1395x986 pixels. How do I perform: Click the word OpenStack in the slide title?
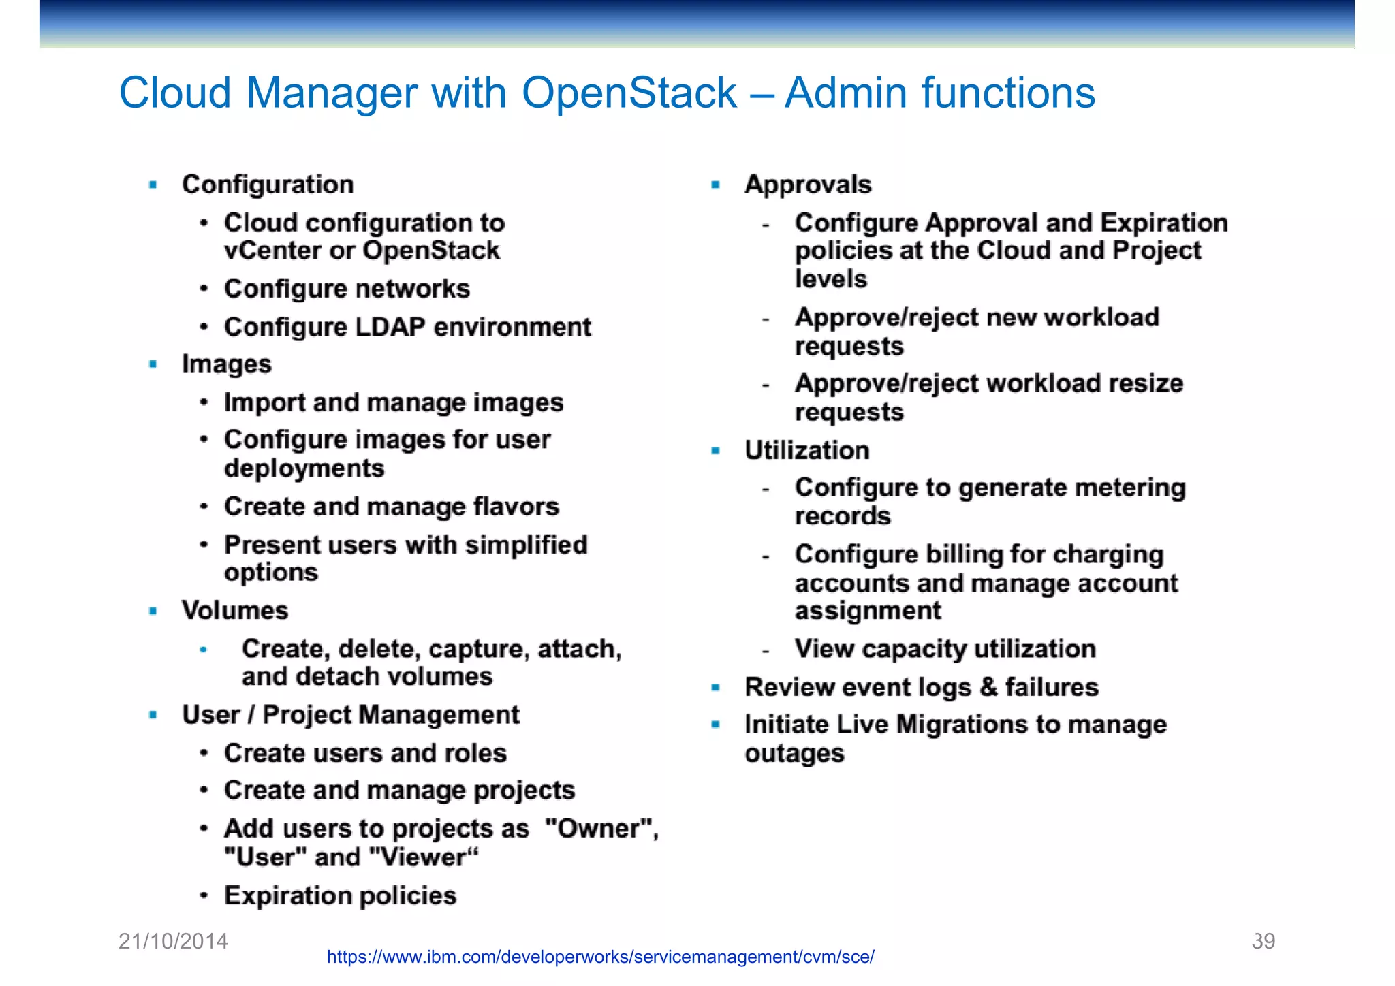[629, 93]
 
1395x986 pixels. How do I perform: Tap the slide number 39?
[1263, 941]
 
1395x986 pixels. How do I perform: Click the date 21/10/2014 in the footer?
[173, 941]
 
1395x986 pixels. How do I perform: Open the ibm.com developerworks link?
[600, 957]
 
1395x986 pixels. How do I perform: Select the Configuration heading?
[268, 185]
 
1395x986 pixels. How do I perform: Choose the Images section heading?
[226, 364]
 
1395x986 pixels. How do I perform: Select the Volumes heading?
[235, 610]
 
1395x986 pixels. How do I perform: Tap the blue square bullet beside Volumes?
[153, 611]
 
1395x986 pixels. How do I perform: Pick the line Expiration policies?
[340, 895]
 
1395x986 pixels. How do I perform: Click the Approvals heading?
[808, 185]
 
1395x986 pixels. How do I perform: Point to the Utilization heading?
[806, 450]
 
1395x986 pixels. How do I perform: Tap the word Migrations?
[960, 725]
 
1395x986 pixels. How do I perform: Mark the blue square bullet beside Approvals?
[716, 185]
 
